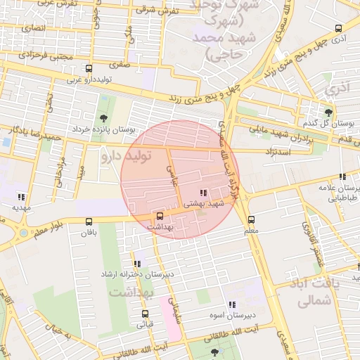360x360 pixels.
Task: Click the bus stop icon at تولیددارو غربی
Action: tap(89, 69)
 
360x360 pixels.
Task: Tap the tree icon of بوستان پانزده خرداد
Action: tap(104, 118)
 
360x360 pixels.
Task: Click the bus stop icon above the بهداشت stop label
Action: tap(160, 216)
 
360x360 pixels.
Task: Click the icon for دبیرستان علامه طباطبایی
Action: tap(342, 177)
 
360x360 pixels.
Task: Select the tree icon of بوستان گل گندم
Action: tap(328, 111)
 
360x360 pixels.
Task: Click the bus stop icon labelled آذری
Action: tap(339, 29)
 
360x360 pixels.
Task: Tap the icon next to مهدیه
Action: tap(22, 198)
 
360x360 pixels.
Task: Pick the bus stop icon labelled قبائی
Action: tap(146, 314)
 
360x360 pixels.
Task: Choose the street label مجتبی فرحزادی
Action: tap(45, 54)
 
